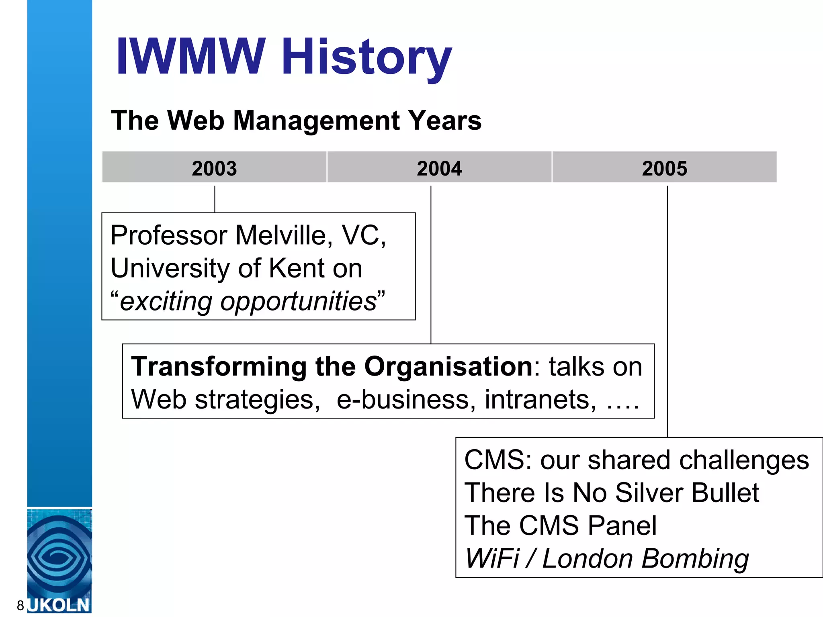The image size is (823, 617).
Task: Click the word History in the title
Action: click(x=366, y=57)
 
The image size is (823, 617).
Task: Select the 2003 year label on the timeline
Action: click(x=214, y=168)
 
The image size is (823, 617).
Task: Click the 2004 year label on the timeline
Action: click(x=439, y=168)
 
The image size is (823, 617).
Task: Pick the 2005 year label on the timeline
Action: click(x=665, y=168)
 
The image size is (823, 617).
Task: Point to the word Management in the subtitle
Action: click(x=317, y=121)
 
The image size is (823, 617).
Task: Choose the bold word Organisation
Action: click(x=448, y=367)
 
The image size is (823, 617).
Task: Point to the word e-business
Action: click(x=403, y=400)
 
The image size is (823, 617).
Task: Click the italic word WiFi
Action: click(x=491, y=559)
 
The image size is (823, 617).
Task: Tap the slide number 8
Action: click(x=20, y=605)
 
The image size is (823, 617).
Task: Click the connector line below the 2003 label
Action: click(x=215, y=199)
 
